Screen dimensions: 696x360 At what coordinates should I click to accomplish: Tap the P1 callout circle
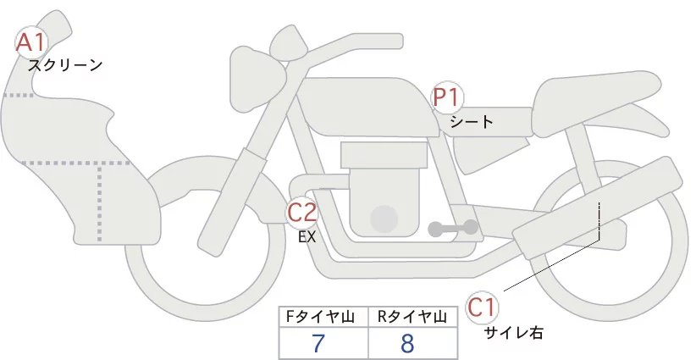point(447,97)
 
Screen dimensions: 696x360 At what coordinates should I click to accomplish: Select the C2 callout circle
point(302,212)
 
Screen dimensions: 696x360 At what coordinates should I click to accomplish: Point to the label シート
point(472,121)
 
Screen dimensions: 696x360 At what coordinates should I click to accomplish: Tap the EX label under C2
point(307,237)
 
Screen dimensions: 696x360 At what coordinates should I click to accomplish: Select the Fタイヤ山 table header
point(323,317)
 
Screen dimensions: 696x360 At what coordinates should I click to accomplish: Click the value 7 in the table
point(318,343)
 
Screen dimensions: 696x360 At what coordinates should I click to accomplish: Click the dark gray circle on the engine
point(385,219)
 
